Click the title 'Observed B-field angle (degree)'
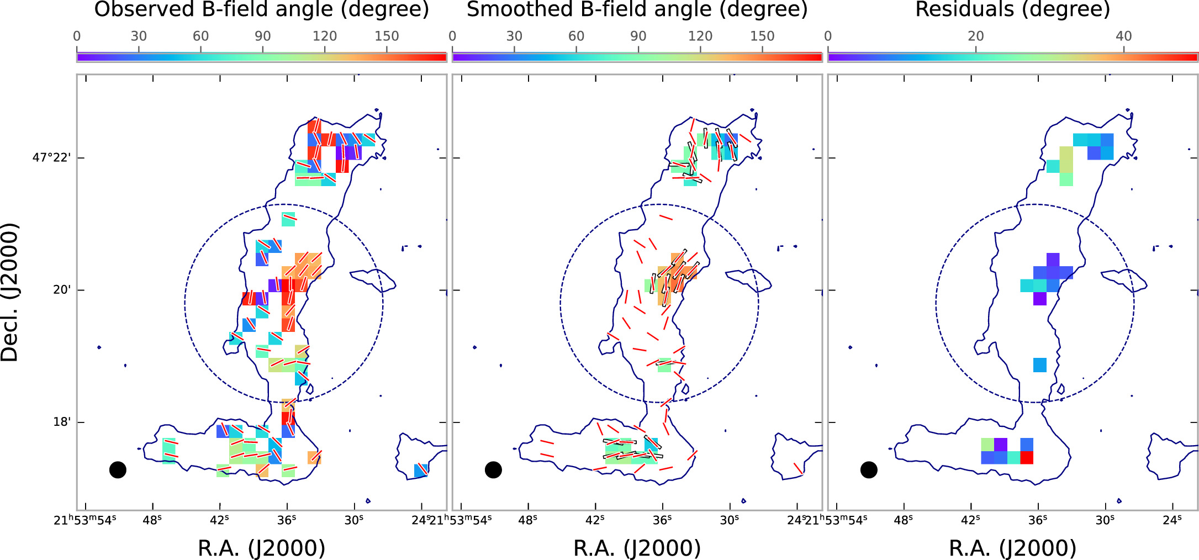tap(261, 9)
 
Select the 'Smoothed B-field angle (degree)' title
tap(637, 9)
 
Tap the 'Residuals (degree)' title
tap(1012, 9)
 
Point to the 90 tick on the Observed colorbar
tap(262, 36)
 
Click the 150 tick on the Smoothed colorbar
tap(762, 36)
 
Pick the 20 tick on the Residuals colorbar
tap(976, 36)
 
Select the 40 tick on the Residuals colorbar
tap(1124, 36)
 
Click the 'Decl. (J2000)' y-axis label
tap(10, 292)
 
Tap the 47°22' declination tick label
tap(51, 158)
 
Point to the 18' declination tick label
tap(62, 422)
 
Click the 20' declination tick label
tap(62, 290)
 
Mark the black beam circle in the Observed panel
tap(118, 470)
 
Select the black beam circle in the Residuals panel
tap(869, 470)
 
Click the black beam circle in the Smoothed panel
tap(493, 470)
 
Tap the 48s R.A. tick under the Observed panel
tap(152, 520)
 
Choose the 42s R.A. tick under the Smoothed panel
tap(595, 520)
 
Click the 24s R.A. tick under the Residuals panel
tap(1172, 520)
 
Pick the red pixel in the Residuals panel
tap(1027, 457)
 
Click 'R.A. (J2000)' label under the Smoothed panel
tap(637, 548)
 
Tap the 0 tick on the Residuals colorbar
tap(828, 36)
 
